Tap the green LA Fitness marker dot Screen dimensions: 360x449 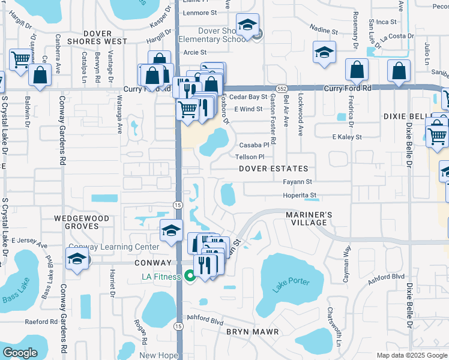tap(190, 277)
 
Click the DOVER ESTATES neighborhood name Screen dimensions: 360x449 tap(273, 169)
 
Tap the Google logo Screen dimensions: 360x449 tap(20, 353)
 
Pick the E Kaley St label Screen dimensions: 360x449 tap(347, 137)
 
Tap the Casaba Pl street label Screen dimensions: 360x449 tap(255, 145)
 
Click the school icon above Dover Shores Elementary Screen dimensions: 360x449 tap(247, 25)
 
